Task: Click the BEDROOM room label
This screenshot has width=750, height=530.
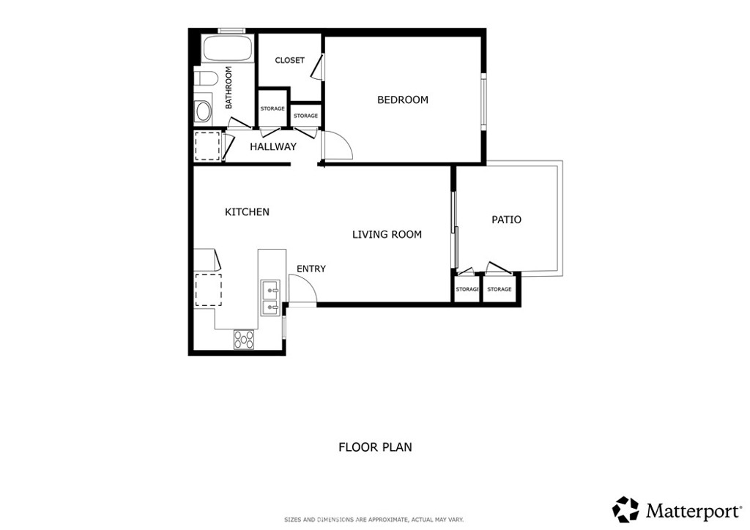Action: click(x=402, y=100)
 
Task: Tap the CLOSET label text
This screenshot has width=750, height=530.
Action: click(x=289, y=60)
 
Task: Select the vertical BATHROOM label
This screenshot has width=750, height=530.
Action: click(x=229, y=88)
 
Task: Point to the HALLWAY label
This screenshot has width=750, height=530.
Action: click(x=273, y=146)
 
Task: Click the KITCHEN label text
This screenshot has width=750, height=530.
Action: click(x=247, y=212)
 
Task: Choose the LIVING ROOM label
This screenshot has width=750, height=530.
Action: click(x=387, y=235)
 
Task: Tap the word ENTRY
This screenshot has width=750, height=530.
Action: click(x=311, y=269)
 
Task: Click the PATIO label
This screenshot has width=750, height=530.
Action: click(x=506, y=220)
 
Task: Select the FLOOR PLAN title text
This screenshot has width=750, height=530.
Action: click(x=375, y=447)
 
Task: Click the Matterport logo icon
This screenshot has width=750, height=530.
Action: click(x=625, y=509)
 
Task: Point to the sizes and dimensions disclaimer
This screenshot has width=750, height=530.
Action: click(x=374, y=520)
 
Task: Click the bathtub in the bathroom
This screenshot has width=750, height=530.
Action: click(x=227, y=49)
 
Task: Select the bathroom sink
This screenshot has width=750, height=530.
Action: click(x=203, y=112)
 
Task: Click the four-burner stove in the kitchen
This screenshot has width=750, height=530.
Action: click(x=244, y=339)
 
